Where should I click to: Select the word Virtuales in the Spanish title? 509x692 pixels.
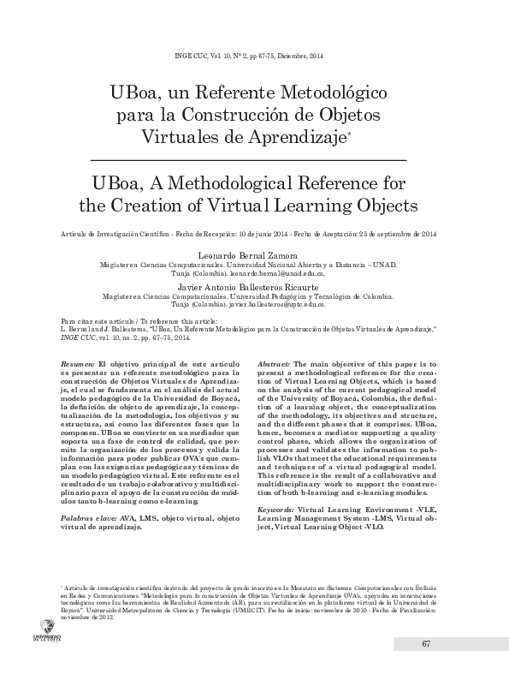pyautogui.click(x=186, y=136)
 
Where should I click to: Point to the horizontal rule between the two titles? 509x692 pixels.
pyautogui.click(x=254, y=160)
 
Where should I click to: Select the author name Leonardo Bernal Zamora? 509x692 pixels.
pyautogui.click(x=254, y=255)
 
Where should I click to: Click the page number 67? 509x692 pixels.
pyautogui.click(x=425, y=668)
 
